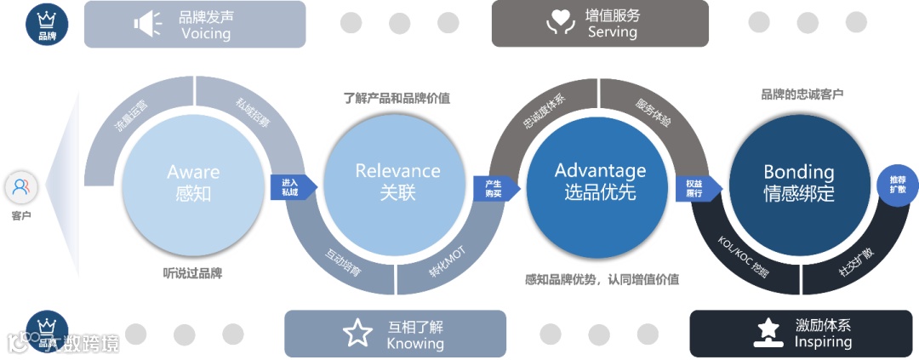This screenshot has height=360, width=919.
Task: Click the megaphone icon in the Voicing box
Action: (x=147, y=24)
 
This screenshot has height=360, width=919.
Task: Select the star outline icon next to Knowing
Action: (x=358, y=333)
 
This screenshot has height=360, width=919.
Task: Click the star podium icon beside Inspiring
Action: (x=768, y=333)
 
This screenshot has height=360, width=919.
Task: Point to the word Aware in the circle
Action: (x=193, y=172)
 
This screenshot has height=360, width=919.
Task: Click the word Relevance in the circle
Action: (x=397, y=170)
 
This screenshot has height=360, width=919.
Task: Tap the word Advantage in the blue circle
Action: (x=600, y=170)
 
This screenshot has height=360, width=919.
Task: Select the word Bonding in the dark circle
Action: (x=798, y=172)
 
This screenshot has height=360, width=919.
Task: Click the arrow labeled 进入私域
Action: (x=292, y=186)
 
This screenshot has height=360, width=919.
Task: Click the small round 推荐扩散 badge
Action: (x=898, y=185)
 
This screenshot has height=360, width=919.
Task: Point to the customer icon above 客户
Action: (x=21, y=186)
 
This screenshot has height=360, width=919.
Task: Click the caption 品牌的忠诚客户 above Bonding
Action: (x=802, y=94)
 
